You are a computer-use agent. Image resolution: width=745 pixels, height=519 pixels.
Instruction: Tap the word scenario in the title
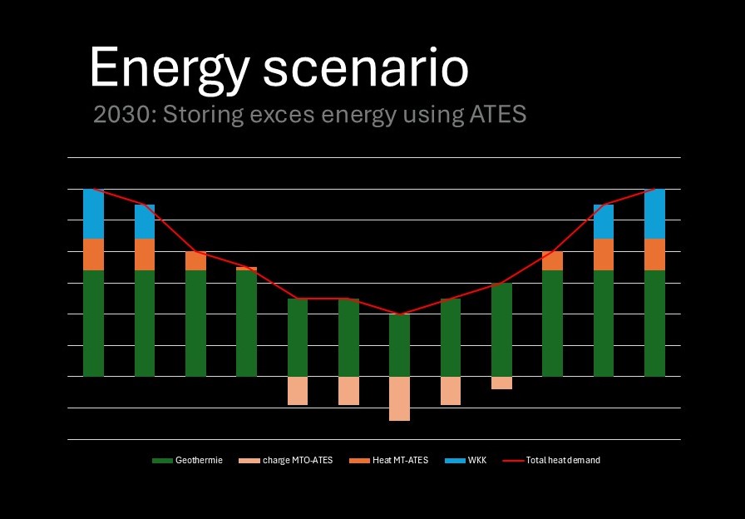(x=366, y=67)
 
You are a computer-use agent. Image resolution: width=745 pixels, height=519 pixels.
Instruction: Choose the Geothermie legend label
(x=199, y=460)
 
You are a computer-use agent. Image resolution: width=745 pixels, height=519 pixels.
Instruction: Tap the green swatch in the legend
(x=161, y=460)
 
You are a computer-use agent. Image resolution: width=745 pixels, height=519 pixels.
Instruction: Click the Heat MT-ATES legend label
(x=400, y=460)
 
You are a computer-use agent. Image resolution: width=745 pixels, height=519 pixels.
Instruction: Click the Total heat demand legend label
(x=563, y=460)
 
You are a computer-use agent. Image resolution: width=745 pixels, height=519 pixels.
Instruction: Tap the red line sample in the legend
(x=513, y=460)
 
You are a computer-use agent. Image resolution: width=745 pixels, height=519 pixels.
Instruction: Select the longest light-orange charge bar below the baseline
(x=399, y=398)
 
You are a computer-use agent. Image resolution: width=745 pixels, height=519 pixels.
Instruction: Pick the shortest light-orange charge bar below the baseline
(x=501, y=383)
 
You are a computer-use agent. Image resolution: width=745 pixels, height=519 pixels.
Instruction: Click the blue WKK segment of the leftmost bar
(x=93, y=214)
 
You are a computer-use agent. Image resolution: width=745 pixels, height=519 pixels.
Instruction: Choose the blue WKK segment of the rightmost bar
(x=654, y=214)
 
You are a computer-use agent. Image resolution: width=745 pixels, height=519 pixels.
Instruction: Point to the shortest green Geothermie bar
(x=399, y=345)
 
